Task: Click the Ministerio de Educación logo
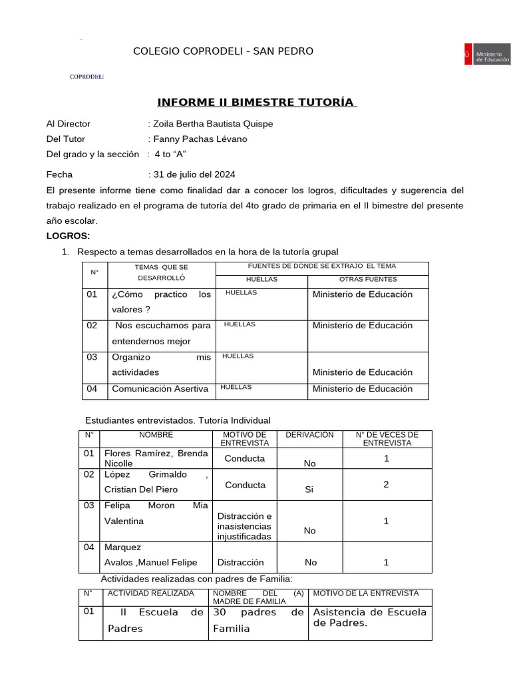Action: [486, 55]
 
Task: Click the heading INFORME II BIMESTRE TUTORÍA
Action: [257, 103]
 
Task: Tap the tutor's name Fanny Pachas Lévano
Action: [200, 139]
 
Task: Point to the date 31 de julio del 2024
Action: [194, 174]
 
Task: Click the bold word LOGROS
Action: [68, 236]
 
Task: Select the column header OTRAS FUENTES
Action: [367, 279]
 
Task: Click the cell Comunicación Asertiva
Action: [160, 389]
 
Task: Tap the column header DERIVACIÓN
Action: [309, 434]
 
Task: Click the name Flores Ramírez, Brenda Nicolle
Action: [156, 458]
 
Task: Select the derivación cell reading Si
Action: [309, 489]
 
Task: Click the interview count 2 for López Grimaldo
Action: [386, 485]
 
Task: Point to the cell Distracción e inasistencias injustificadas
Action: [244, 526]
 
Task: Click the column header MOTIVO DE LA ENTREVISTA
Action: [366, 593]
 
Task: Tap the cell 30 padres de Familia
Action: [258, 620]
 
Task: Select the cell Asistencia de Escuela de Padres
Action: [370, 617]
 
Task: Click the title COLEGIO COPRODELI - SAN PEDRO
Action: [214, 51]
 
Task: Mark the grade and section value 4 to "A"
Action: [170, 154]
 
